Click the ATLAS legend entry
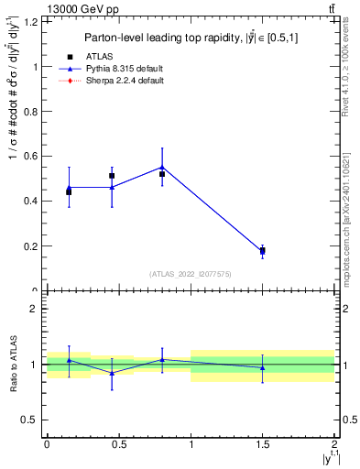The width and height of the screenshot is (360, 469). point(100,55)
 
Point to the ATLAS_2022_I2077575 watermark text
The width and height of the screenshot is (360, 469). point(190,273)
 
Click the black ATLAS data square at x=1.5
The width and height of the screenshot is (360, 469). point(263,250)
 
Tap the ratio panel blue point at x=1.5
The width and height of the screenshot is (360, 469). point(263,367)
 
